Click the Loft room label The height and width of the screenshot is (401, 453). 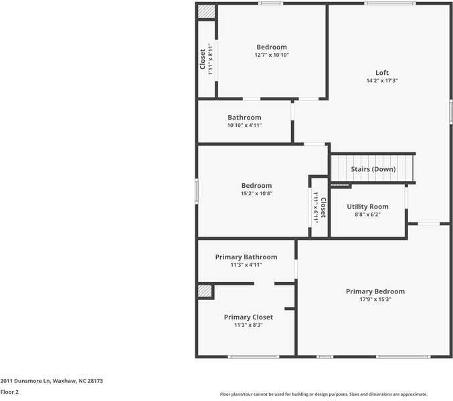coord(381,73)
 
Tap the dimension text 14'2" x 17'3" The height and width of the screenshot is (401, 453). coord(381,81)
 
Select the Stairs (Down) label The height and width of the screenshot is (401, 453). coord(373,169)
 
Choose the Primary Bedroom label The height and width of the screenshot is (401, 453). coord(375,291)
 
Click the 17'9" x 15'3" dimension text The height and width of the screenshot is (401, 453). coord(375,299)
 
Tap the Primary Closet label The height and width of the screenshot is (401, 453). coord(248,317)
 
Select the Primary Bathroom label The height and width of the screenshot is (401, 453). coord(246,257)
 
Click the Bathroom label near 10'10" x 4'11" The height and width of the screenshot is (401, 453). coord(244,117)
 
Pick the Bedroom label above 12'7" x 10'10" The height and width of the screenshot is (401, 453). coord(271,47)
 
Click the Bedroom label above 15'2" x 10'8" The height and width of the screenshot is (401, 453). coord(256,185)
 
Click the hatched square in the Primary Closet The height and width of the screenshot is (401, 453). coord(205,291)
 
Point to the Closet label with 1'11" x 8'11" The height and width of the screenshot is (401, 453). coord(203,59)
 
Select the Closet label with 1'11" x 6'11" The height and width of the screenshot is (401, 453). coord(323,207)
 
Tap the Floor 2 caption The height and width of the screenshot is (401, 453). coord(9,392)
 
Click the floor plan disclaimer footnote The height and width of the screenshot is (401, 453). coord(323,394)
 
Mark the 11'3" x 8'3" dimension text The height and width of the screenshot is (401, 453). coord(248,325)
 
